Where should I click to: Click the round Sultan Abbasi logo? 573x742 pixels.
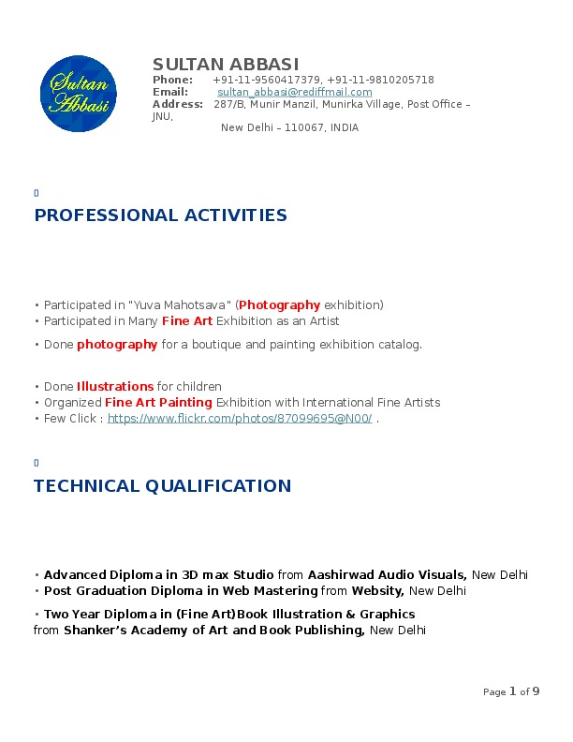point(79,93)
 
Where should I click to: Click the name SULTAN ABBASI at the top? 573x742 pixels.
point(226,65)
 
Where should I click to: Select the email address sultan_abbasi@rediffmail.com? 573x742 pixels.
point(295,93)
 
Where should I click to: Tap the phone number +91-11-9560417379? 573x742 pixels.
point(266,81)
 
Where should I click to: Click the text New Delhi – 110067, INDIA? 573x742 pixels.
point(289,128)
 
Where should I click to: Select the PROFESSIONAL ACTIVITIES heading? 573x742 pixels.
point(160,215)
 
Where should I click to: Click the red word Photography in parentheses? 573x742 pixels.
point(280,305)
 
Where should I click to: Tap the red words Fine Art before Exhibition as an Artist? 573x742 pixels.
point(187,321)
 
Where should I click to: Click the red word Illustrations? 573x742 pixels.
point(115,387)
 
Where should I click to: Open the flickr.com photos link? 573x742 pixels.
point(240,419)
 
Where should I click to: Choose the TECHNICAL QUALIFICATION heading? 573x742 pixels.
point(162,486)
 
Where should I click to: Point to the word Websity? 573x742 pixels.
point(377,591)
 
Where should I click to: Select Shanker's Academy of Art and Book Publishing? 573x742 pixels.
point(214,631)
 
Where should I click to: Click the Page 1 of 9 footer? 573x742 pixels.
point(511,692)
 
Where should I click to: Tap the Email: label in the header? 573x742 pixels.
point(170,93)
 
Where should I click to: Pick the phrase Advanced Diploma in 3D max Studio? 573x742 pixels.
point(159,575)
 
